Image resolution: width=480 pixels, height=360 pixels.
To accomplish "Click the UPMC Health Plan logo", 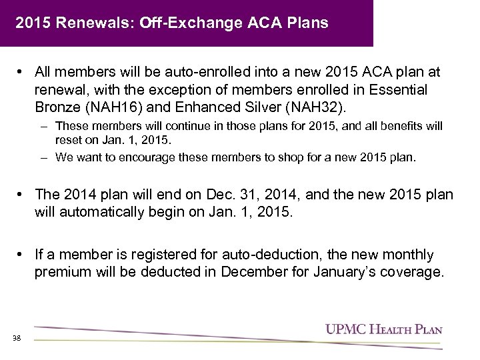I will coord(383,329).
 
